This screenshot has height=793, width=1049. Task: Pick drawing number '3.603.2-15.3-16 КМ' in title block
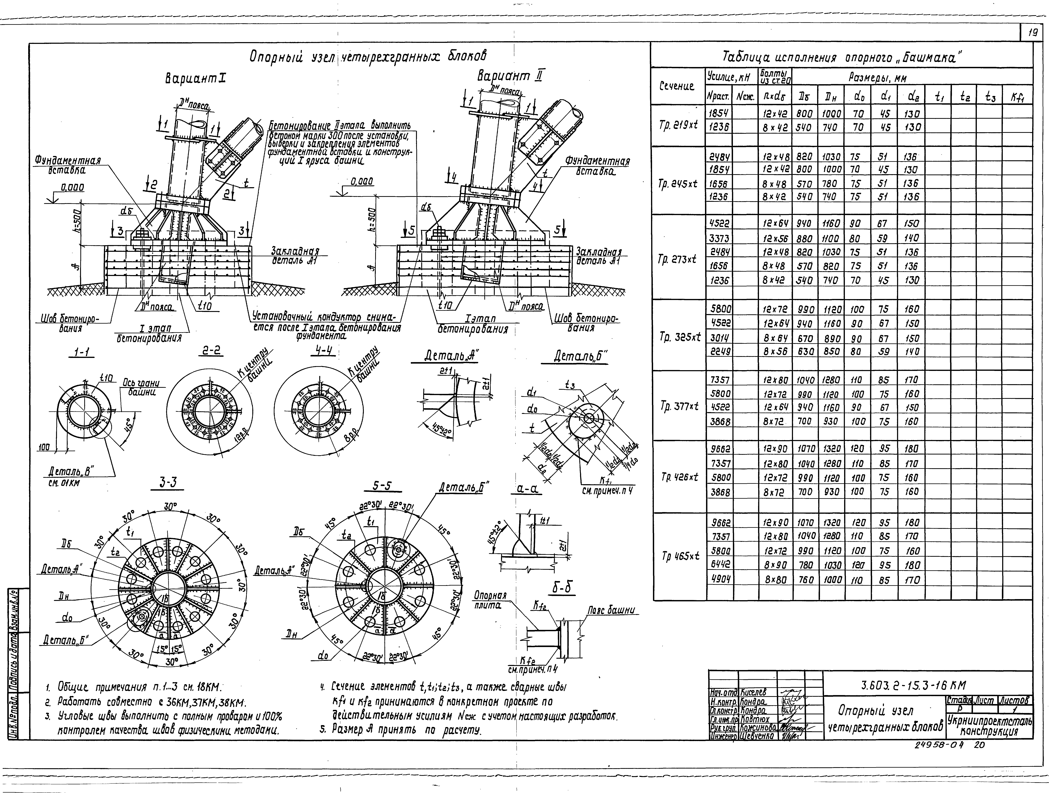(x=913, y=685)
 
